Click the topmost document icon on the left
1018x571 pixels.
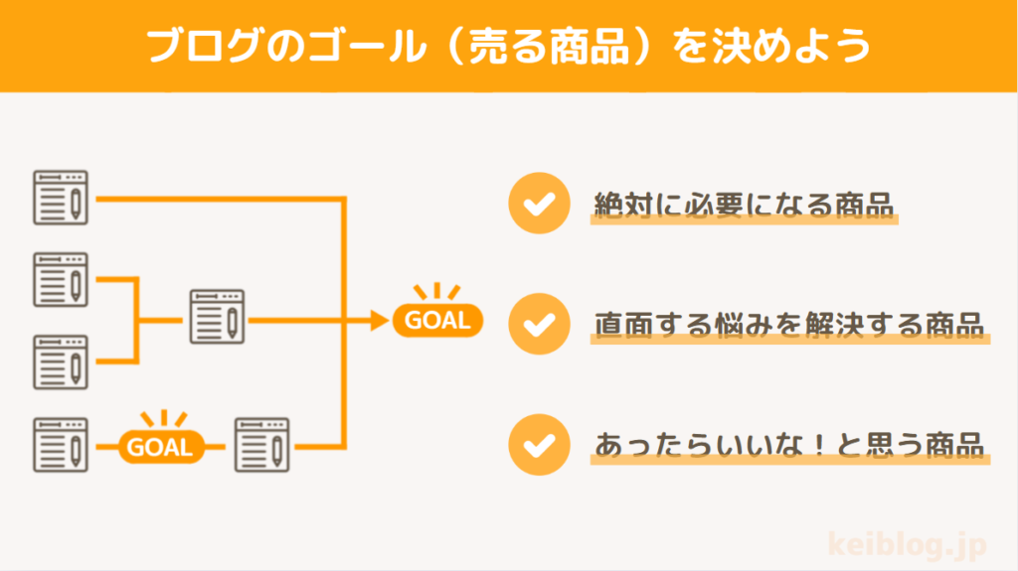(61, 198)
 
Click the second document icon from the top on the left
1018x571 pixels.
(61, 280)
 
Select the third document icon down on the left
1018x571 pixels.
(61, 361)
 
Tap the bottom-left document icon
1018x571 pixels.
(61, 444)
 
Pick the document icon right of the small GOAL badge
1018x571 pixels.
(261, 444)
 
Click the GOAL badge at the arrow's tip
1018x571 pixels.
(437, 320)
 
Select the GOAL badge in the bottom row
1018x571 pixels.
(161, 446)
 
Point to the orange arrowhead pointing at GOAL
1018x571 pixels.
(377, 320)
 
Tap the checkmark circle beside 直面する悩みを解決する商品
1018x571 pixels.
(538, 324)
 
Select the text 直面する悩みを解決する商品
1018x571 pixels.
(788, 324)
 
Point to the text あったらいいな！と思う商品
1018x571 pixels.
(788, 444)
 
